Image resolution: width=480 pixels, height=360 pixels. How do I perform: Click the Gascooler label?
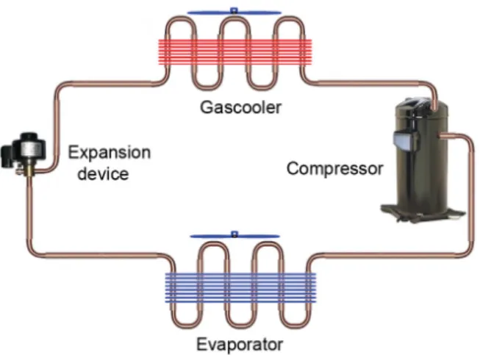tap(240, 107)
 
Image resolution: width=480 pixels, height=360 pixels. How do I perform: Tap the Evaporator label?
tap(240, 344)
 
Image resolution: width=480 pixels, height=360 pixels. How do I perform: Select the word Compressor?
tap(335, 168)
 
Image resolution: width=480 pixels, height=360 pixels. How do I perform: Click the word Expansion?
tap(110, 153)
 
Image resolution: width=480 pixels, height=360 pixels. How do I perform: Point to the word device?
tap(103, 173)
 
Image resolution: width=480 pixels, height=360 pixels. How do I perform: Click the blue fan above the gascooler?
tap(234, 12)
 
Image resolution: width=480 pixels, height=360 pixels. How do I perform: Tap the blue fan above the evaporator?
tap(234, 236)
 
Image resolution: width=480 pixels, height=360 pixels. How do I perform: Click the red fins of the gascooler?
tap(234, 51)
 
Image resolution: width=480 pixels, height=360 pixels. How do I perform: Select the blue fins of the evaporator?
tap(240, 287)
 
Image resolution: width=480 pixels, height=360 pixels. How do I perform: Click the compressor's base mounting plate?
tap(423, 212)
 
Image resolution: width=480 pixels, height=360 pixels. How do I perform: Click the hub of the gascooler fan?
tap(234, 11)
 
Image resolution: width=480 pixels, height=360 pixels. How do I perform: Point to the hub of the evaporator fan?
tap(234, 234)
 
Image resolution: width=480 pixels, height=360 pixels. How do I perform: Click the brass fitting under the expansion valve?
tap(29, 170)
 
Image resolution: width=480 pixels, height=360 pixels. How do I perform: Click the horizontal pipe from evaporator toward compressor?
tap(389, 254)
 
